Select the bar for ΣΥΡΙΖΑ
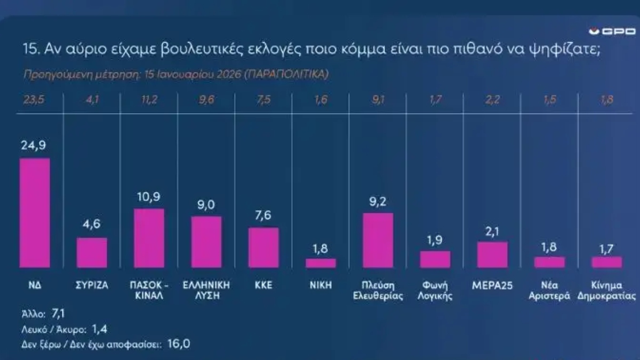pyautogui.click(x=92, y=252)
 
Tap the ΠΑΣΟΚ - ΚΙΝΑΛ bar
pyautogui.click(x=149, y=238)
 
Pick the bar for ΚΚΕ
pyautogui.click(x=263, y=247)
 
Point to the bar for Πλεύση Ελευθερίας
pyautogui.click(x=378, y=240)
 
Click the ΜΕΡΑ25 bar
pyautogui.click(x=492, y=254)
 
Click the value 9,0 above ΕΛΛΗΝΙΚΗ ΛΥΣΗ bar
pyautogui.click(x=206, y=205)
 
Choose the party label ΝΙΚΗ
pyautogui.click(x=321, y=285)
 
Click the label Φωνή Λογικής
pyautogui.click(x=435, y=290)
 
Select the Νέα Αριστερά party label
pyautogui.click(x=549, y=290)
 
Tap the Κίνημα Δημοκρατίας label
pyautogui.click(x=607, y=290)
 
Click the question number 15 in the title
pyautogui.click(x=29, y=50)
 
